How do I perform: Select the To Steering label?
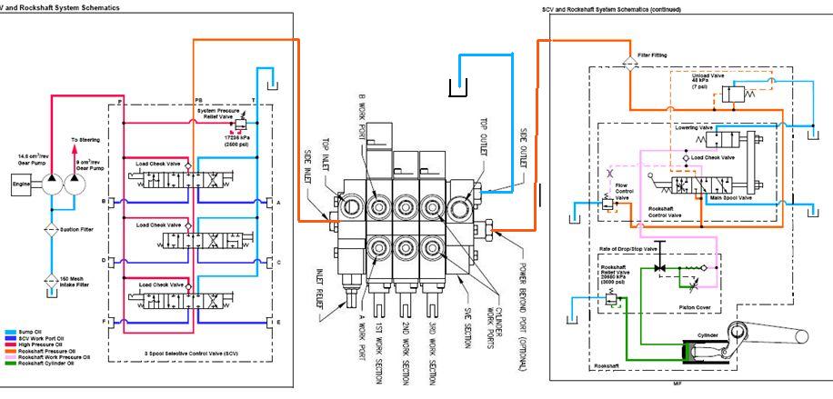click(86, 140)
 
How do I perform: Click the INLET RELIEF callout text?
click(321, 287)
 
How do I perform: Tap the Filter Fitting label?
click(652, 55)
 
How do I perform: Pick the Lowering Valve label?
click(694, 128)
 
